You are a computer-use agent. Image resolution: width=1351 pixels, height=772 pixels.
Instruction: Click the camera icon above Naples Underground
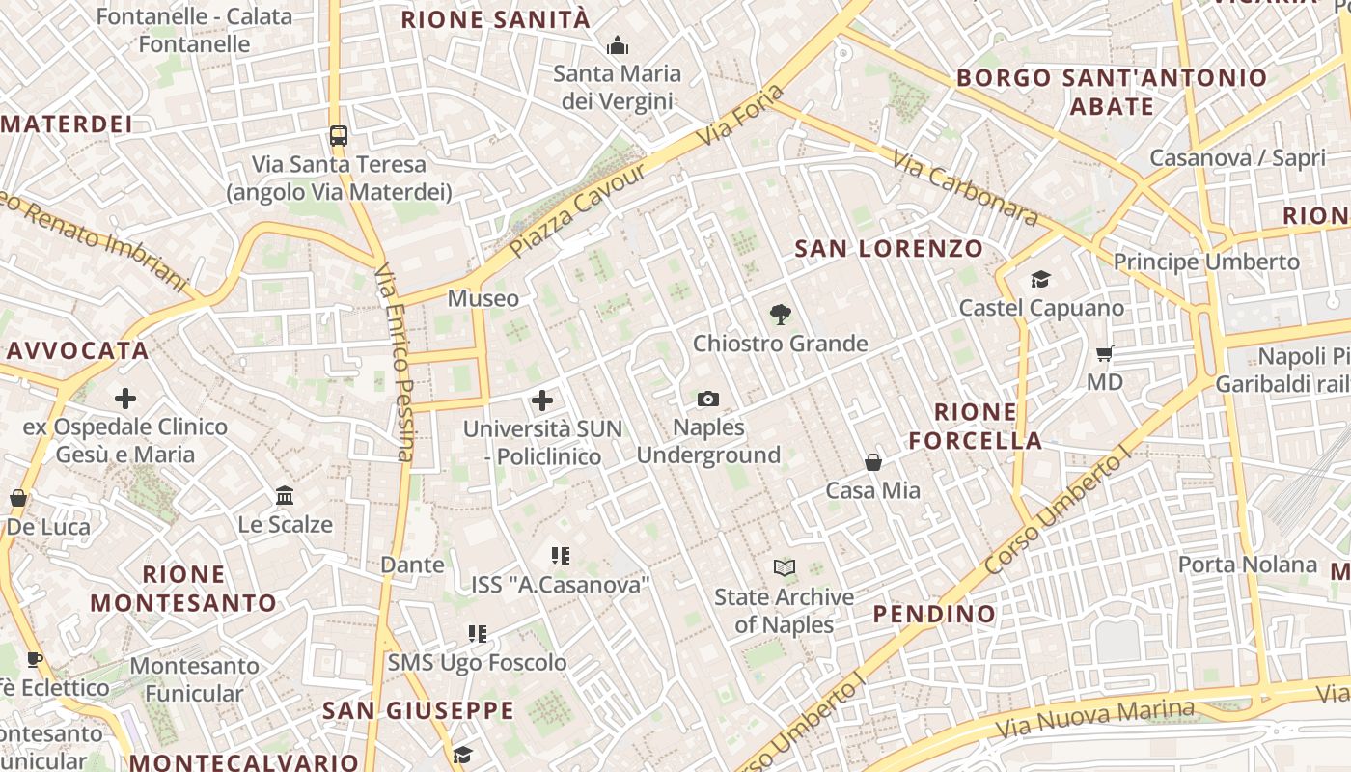coord(708,399)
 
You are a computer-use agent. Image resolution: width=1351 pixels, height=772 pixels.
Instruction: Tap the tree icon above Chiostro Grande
coord(780,314)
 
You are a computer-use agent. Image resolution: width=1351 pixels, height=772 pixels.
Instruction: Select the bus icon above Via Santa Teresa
coord(338,135)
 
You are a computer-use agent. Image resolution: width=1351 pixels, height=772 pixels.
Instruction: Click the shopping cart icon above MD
coord(1105,354)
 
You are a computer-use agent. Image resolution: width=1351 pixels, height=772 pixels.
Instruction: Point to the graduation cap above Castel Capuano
coord(1040,280)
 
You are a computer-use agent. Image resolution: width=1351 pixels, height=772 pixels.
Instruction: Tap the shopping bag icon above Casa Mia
coord(873,462)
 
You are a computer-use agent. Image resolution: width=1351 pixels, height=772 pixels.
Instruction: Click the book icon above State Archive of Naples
coord(785,568)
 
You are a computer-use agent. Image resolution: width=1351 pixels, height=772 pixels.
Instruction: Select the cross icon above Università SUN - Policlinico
coord(542,400)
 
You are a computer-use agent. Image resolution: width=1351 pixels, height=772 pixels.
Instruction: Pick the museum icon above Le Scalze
coord(285,496)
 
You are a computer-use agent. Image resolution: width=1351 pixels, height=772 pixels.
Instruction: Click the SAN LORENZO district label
coord(889,249)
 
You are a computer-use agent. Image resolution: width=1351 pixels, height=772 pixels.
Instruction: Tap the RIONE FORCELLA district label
coord(976,427)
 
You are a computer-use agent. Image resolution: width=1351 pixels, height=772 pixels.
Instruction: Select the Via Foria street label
coord(740,116)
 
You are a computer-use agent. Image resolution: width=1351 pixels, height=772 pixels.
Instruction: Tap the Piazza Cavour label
coord(577,210)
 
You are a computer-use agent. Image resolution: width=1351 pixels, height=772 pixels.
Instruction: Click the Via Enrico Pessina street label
coord(394,361)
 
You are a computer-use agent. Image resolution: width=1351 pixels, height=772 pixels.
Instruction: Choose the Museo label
coord(483,298)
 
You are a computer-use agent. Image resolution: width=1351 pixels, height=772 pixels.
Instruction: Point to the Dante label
coord(413,565)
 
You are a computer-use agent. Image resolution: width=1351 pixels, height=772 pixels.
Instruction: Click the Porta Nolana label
coord(1248,565)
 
